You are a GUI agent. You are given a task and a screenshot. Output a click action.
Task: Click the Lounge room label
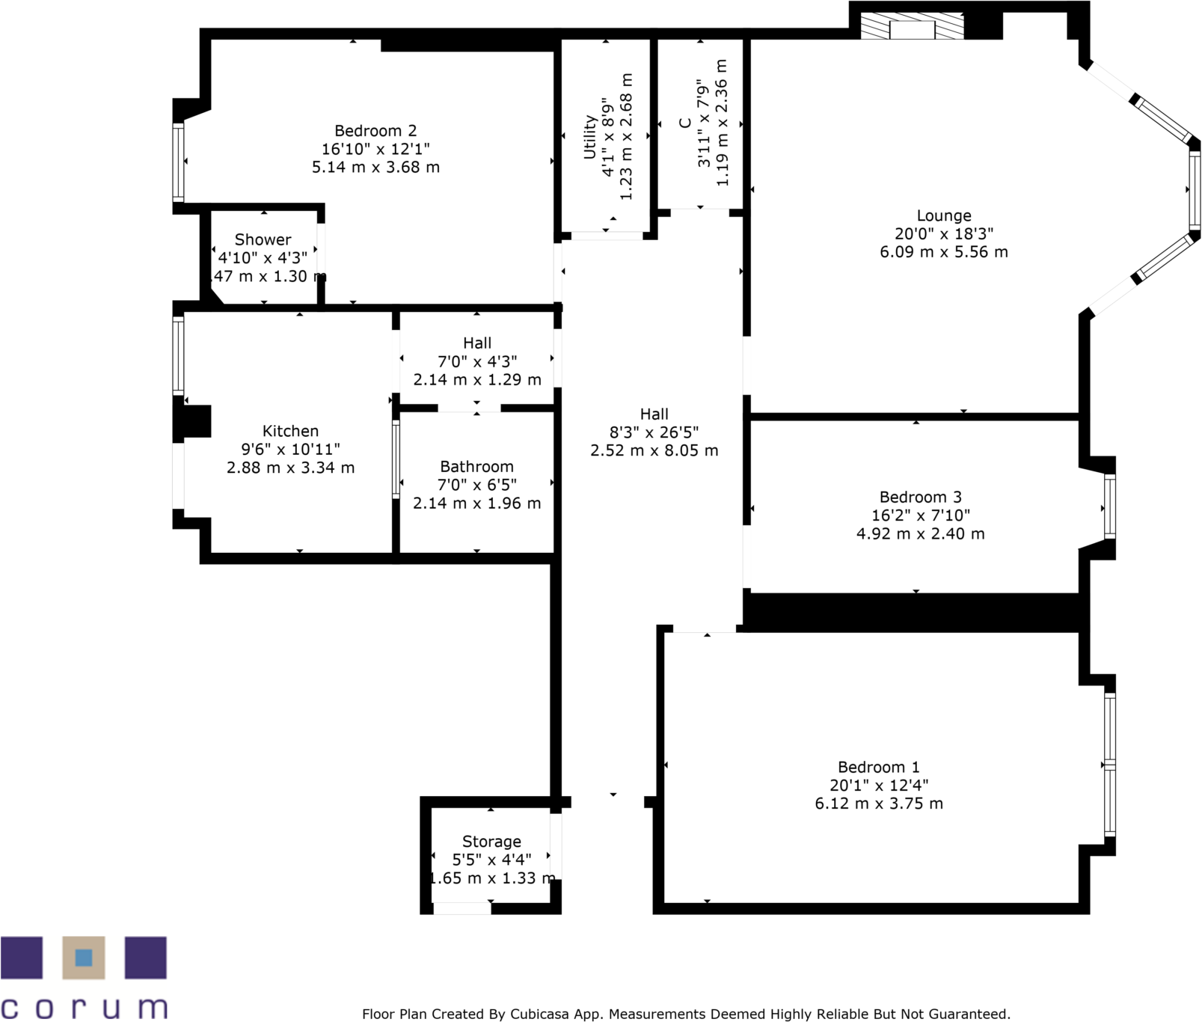tap(943, 216)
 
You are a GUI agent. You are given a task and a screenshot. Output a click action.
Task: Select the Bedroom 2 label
tap(375, 131)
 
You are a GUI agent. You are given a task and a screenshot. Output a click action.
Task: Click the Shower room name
tap(263, 240)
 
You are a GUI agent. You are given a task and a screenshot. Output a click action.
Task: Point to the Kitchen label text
tap(290, 432)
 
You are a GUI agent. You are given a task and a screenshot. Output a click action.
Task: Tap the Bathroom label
tap(476, 467)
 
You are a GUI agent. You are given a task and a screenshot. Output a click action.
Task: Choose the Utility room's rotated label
tap(589, 137)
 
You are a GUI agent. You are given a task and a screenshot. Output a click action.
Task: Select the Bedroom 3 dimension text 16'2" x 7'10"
tap(920, 515)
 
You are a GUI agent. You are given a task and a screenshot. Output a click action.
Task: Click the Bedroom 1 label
tap(878, 768)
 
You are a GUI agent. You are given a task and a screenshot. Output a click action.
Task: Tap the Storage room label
tap(491, 842)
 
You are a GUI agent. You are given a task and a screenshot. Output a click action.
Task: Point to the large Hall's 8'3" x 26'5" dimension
tap(654, 432)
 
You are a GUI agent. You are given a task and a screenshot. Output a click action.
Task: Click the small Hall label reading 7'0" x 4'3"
tap(477, 361)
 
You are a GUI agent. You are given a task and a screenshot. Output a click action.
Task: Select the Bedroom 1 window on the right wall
tap(1110, 764)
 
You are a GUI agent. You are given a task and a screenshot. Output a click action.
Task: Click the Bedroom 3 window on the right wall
tap(1110, 507)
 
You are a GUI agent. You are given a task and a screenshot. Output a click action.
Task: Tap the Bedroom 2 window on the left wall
tap(178, 162)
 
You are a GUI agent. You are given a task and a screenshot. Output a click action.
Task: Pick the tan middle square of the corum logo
tap(83, 957)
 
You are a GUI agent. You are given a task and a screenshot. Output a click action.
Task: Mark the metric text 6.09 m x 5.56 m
tap(943, 252)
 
